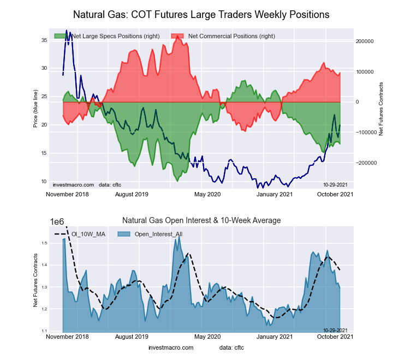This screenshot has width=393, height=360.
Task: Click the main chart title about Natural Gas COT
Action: pyautogui.click(x=201, y=14)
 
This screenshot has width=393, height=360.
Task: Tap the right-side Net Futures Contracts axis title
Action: pyautogui.click(x=381, y=109)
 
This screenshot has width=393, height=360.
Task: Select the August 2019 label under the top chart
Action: pyautogui.click(x=131, y=194)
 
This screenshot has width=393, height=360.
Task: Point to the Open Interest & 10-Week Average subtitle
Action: pyautogui.click(x=201, y=220)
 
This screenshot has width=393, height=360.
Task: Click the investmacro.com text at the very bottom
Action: pyautogui.click(x=171, y=347)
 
